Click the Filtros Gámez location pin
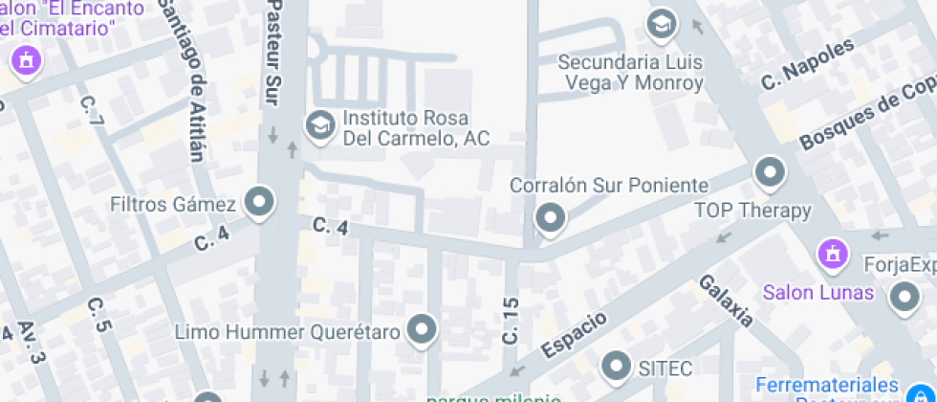pos(258,202)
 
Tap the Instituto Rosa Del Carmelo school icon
pos(318,124)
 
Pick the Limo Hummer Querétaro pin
pos(422,331)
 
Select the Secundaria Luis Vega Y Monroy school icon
pos(661,24)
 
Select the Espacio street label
pos(576,334)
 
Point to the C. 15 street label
pos(510,321)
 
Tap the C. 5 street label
pos(99,314)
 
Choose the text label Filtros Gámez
pos(173,205)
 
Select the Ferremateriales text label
pos(829,385)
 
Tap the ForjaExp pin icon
pos(903,299)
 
